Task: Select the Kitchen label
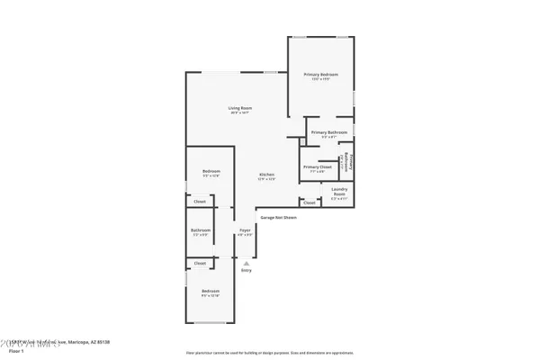[x=266, y=175]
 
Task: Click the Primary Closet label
[x=318, y=168]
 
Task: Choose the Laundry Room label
[x=339, y=191]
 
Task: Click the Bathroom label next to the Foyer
[x=201, y=231]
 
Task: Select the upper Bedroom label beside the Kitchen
[x=211, y=173]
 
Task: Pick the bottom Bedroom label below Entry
[x=211, y=292]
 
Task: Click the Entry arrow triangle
[x=245, y=263]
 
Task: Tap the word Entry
[x=246, y=270]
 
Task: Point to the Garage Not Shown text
[x=278, y=218]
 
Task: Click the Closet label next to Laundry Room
[x=310, y=202]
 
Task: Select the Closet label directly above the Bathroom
[x=200, y=202]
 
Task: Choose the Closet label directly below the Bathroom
[x=200, y=263]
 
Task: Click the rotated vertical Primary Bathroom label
[x=350, y=162]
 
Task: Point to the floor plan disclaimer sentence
[x=269, y=352]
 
